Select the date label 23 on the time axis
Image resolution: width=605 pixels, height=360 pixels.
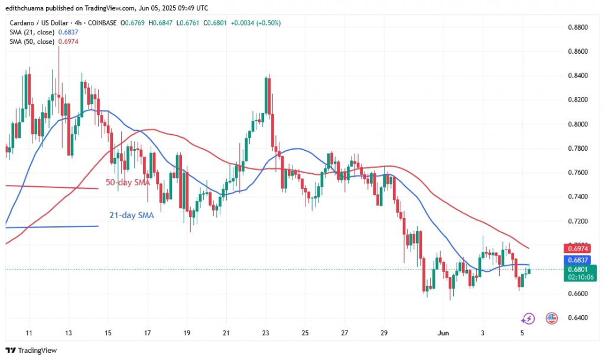coord(265,332)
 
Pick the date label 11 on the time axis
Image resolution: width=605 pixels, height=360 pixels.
coord(28,332)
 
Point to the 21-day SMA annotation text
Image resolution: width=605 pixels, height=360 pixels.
coord(132,216)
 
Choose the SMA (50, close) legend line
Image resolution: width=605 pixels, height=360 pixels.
coord(39,41)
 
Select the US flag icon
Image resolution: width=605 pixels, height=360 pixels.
coord(552,318)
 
